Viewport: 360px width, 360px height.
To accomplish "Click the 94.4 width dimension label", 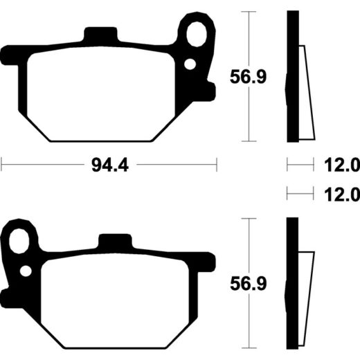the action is [x=110, y=165].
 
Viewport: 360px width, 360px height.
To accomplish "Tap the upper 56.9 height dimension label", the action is [x=249, y=77].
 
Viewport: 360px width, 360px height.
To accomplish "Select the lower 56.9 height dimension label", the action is [x=249, y=284].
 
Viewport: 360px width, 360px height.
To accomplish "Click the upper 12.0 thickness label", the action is [x=342, y=165].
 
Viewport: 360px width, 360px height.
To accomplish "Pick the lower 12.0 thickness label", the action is [x=342, y=195].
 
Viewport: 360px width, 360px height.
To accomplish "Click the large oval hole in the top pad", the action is [x=197, y=34].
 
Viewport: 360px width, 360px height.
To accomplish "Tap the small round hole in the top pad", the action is [x=190, y=64].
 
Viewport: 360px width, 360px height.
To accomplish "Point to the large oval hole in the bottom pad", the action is [x=19, y=241].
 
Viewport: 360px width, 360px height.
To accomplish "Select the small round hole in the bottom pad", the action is [x=26, y=271].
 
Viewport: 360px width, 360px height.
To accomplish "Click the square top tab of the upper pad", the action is [x=100, y=34].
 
